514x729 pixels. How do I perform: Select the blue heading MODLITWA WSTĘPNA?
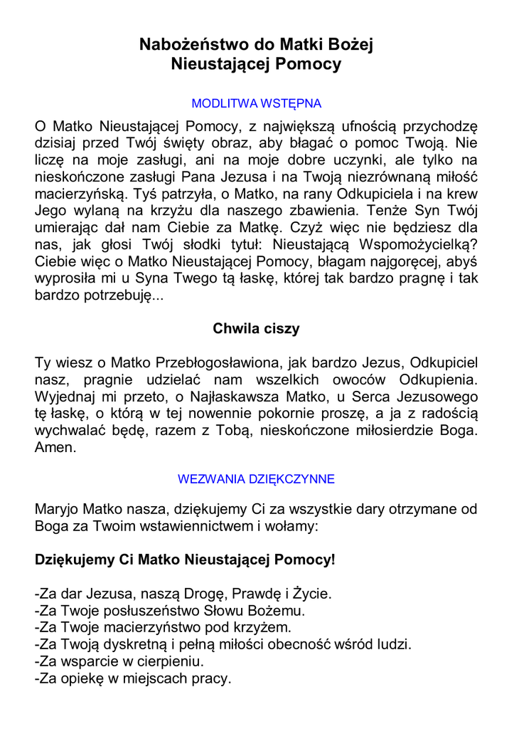257,104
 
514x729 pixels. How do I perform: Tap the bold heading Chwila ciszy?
256,329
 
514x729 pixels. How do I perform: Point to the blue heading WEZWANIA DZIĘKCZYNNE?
256,479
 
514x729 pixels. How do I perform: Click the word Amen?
55,448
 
